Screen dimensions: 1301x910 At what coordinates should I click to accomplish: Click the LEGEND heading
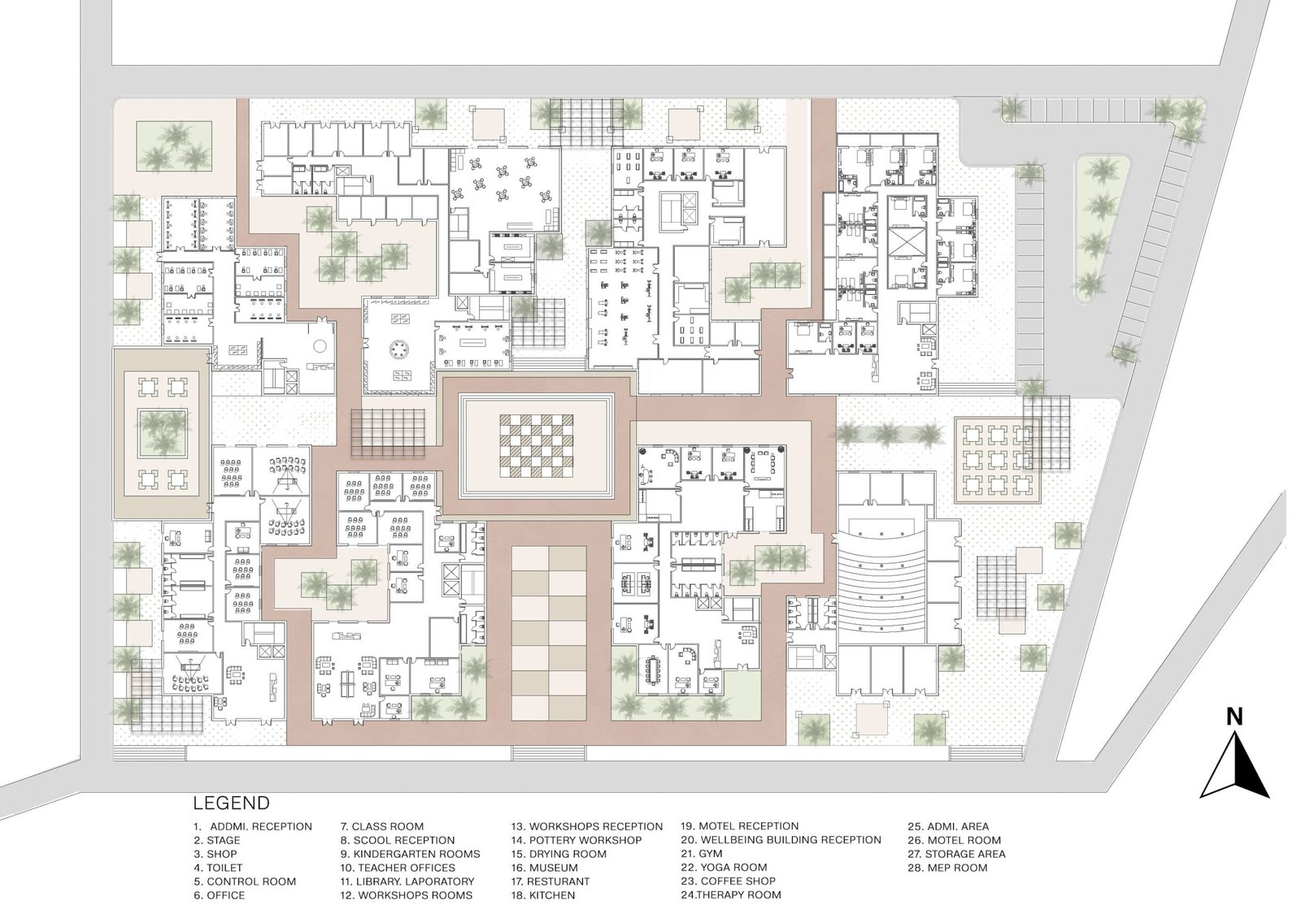(x=231, y=804)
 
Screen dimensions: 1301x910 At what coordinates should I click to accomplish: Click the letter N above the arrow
(x=1234, y=717)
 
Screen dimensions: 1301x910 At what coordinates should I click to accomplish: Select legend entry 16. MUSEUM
(x=544, y=868)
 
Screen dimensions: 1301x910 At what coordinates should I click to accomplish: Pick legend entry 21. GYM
(x=702, y=854)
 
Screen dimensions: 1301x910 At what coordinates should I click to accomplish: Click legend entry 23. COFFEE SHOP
(x=729, y=881)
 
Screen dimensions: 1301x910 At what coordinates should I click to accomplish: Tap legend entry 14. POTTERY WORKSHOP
(x=577, y=840)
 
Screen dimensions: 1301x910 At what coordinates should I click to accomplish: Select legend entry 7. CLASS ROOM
(x=382, y=826)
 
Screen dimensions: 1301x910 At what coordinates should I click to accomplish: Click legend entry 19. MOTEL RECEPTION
(x=739, y=825)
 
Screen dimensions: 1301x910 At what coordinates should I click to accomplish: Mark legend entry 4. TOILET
(x=218, y=868)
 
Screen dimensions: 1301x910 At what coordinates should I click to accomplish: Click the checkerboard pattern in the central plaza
(x=536, y=446)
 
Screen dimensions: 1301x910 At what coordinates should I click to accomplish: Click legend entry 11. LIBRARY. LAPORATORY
(x=407, y=881)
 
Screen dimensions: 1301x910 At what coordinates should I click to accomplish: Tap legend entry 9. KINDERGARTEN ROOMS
(x=410, y=854)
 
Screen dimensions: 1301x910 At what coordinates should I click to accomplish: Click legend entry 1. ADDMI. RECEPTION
(x=253, y=826)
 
